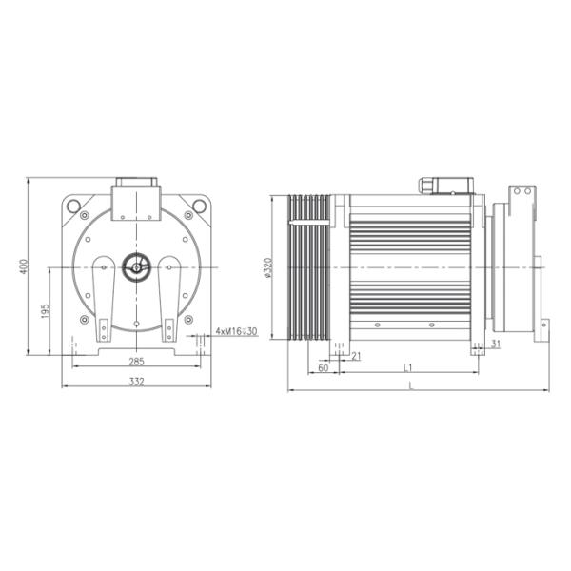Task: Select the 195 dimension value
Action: [46, 313]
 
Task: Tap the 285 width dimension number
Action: [136, 362]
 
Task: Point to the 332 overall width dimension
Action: [136, 381]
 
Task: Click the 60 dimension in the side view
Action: [323, 366]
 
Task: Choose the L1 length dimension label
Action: [407, 366]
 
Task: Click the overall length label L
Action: [411, 384]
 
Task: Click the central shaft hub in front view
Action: [136, 267]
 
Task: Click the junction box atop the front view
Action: [136, 200]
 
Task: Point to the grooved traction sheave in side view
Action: [310, 266]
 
